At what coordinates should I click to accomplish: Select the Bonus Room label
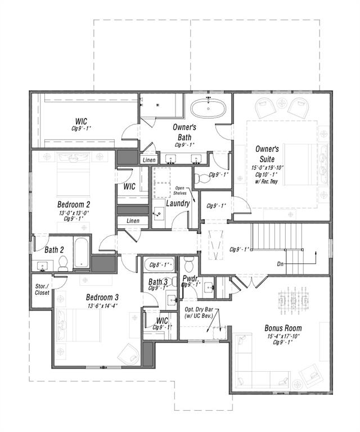pos(283,328)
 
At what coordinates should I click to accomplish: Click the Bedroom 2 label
pos(74,204)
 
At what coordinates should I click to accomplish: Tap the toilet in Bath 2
pos(63,262)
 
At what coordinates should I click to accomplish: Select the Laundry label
pos(177,203)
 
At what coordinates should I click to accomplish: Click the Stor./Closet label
pos(42,289)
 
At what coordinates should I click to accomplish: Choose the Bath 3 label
pos(158,282)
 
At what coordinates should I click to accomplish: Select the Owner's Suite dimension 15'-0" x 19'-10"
pos(267,168)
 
